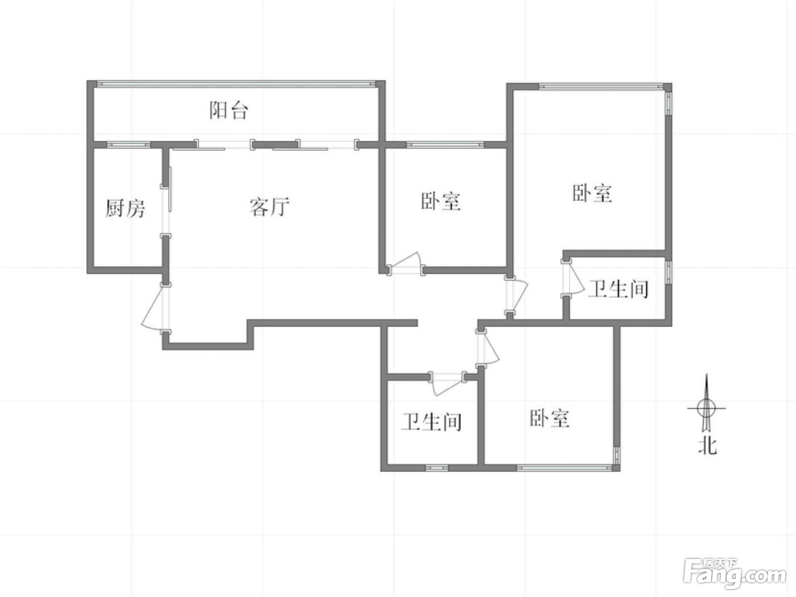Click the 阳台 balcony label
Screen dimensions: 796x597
click(x=229, y=110)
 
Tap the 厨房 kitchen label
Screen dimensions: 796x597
click(x=125, y=209)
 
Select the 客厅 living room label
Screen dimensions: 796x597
click(x=270, y=206)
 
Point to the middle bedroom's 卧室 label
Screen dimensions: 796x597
click(x=441, y=201)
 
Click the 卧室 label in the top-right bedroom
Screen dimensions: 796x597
click(x=592, y=193)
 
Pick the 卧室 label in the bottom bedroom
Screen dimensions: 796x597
click(x=549, y=418)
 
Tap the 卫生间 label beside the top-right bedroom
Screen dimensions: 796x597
click(x=618, y=289)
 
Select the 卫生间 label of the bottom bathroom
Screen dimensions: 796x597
click(x=431, y=421)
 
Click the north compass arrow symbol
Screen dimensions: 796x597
click(x=706, y=408)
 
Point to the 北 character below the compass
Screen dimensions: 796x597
click(x=707, y=446)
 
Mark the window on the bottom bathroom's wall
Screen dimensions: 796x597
click(x=437, y=467)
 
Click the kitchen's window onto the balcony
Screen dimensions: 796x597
click(x=128, y=145)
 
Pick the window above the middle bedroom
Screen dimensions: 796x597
click(x=445, y=144)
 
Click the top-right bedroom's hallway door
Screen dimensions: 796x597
click(x=516, y=296)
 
